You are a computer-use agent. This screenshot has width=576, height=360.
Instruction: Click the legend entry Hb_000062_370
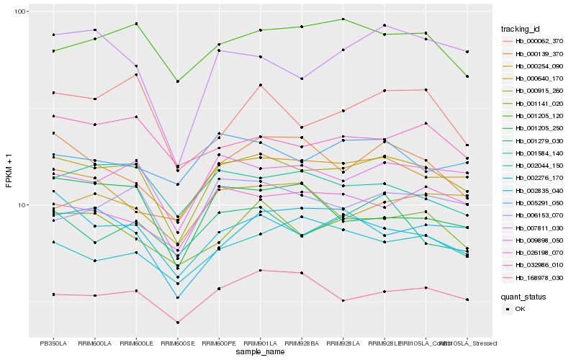pyautogui.click(x=539, y=41)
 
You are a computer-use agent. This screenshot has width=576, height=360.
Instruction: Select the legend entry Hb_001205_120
pyautogui.click(x=539, y=115)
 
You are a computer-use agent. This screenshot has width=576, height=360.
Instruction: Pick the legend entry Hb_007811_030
pyautogui.click(x=539, y=228)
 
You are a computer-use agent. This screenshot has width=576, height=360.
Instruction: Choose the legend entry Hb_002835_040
pyautogui.click(x=539, y=190)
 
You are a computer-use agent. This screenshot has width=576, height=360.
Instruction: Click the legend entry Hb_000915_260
pyautogui.click(x=539, y=91)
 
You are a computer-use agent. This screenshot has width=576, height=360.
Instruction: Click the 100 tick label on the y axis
pyautogui.click(x=19, y=12)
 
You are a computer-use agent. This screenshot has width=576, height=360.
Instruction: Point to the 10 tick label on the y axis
pyautogui.click(x=22, y=205)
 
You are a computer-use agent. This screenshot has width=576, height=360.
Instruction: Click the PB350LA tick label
pyautogui.click(x=53, y=343)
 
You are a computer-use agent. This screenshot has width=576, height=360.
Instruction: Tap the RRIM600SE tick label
pyautogui.click(x=178, y=343)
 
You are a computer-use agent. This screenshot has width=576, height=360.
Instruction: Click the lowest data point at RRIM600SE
pyautogui.click(x=178, y=323)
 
